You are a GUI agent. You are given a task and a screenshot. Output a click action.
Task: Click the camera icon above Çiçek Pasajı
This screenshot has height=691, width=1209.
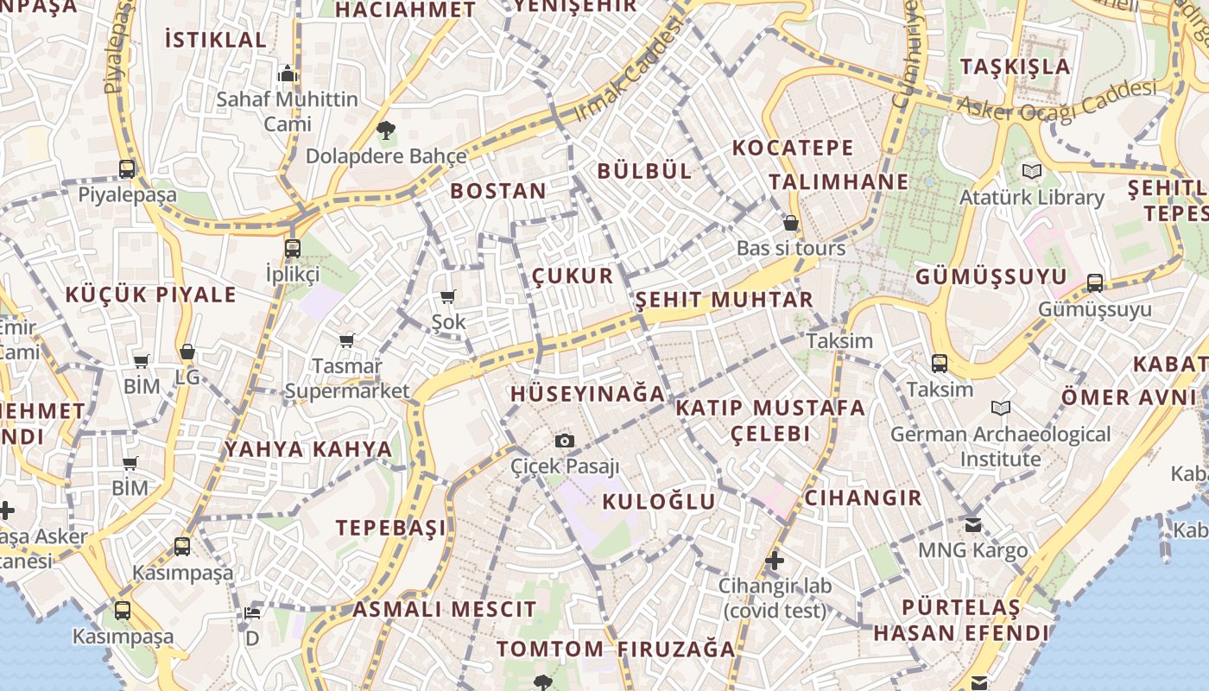[565, 441]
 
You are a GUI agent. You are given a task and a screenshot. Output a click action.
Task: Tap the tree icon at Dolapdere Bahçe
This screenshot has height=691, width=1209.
[385, 131]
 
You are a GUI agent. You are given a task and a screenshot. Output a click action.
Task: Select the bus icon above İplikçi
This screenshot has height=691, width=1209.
[293, 249]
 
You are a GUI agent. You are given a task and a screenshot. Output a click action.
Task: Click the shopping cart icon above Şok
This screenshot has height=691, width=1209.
[447, 297]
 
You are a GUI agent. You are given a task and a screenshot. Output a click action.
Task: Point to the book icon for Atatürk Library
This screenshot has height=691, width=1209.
[1031, 171]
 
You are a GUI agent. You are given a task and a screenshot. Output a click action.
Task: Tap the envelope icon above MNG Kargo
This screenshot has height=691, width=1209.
[973, 524]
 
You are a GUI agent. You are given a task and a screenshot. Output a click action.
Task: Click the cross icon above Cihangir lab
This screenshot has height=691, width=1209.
[775, 561]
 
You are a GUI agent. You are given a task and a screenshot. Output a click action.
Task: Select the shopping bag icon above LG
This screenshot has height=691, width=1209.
[187, 352]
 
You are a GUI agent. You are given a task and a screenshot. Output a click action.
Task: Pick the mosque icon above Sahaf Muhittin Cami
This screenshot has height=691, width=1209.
[288, 73]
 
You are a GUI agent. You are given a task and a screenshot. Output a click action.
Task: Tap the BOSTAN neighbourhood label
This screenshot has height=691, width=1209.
[498, 191]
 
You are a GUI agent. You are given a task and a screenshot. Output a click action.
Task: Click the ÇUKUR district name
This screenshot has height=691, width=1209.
[572, 276]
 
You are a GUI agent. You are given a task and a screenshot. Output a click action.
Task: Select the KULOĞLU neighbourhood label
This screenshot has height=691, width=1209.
[659, 502]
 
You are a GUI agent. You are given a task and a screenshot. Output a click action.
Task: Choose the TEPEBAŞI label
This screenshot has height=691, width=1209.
[391, 528]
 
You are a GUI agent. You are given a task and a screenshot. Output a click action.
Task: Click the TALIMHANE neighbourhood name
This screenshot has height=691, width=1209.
[839, 182]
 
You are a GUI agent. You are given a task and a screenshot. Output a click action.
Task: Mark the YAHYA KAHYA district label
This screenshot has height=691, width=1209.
[308, 449]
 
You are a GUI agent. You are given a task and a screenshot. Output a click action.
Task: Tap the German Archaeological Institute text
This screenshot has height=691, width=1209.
[1000, 446]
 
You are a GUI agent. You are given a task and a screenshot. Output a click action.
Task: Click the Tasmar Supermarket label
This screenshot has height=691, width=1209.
[347, 378]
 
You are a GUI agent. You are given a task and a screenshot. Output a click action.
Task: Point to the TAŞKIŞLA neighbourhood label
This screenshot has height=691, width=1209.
[1015, 67]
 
